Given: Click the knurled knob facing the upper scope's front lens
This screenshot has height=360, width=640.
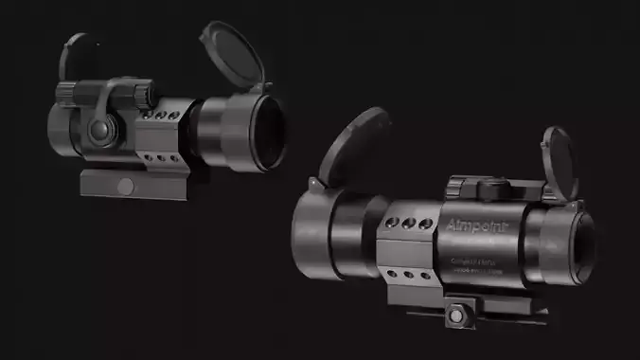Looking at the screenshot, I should [143, 94].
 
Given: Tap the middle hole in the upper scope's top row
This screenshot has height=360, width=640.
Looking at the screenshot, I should [161, 116].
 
